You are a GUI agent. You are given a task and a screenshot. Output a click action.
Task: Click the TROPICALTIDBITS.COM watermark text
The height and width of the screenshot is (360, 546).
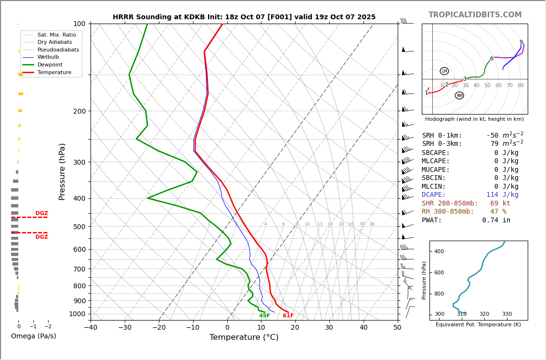tap(475, 15)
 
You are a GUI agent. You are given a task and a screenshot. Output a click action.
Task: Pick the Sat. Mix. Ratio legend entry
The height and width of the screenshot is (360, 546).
tap(56, 35)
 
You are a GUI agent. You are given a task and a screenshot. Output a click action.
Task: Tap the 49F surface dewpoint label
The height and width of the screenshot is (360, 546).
tap(264, 316)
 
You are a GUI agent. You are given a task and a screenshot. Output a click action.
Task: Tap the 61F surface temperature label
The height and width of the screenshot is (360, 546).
tap(288, 316)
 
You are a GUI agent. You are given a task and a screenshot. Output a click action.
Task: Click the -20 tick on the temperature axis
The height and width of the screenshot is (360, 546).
tap(159, 328)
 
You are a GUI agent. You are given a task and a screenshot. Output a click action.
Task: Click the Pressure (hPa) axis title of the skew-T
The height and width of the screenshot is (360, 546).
tap(62, 171)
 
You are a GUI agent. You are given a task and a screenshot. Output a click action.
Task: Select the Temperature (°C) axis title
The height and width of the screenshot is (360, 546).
tap(244, 337)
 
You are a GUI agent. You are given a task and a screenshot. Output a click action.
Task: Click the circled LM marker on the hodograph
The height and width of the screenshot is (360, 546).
tap(444, 71)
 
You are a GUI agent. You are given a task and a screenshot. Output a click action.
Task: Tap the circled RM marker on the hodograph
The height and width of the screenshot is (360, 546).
tap(459, 96)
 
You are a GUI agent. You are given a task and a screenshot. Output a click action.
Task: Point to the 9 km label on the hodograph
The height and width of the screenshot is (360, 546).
tap(521, 42)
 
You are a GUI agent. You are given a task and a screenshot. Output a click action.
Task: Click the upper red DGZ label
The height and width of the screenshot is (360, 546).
tap(41, 213)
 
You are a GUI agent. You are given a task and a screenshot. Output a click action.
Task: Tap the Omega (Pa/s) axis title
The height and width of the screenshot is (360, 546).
tap(33, 336)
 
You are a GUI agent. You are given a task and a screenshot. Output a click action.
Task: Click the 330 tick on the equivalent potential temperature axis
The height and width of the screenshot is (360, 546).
tap(507, 314)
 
